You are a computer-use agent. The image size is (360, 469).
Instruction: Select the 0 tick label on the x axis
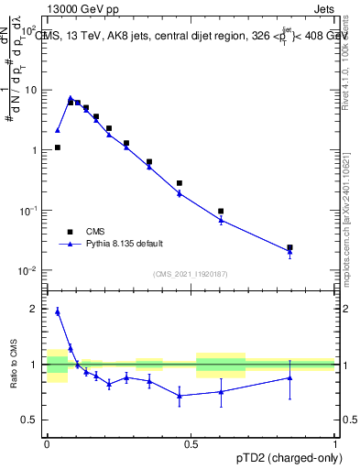click(x=47, y=443)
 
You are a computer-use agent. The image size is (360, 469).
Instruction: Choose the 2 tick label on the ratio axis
click(x=36, y=310)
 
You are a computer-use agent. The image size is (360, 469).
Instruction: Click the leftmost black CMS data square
click(x=57, y=147)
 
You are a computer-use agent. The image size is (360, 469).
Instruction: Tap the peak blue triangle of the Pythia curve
click(x=71, y=98)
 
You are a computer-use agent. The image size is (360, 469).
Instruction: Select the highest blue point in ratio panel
click(x=57, y=311)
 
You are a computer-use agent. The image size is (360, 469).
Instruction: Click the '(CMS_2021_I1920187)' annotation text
click(x=190, y=274)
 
